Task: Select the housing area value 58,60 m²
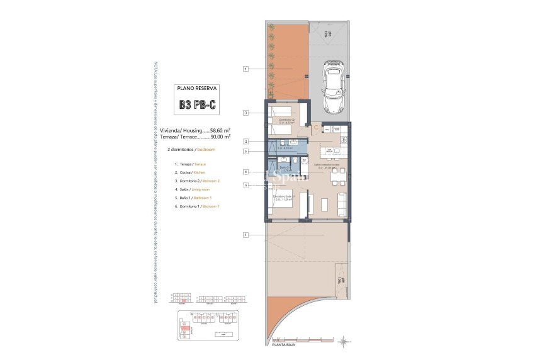[217, 130]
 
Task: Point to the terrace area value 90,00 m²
[217, 135]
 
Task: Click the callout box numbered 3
[246, 113]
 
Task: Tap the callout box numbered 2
[246, 142]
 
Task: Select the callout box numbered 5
[246, 151]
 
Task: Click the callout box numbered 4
[246, 172]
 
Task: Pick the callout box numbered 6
[246, 184]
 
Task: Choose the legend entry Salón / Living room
[192, 189]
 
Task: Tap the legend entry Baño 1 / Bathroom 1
[192, 198]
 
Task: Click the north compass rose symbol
[343, 342]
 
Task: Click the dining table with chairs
[338, 175]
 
